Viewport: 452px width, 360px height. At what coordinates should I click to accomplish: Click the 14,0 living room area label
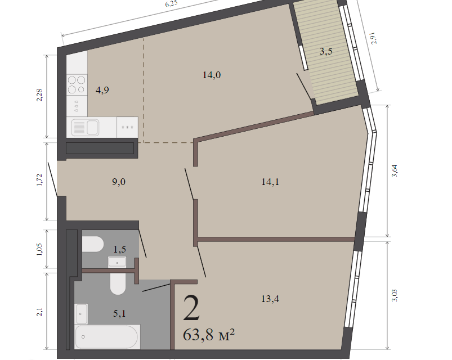coord(212,75)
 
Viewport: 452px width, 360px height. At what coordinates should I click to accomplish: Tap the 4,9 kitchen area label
coord(102,90)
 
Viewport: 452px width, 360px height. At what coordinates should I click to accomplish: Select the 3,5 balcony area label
coord(326,51)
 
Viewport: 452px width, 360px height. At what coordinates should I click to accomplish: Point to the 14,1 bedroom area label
coord(270,182)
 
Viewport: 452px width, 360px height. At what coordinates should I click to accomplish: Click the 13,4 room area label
coord(270,299)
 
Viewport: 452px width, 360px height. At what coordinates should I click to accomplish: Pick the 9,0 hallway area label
coord(119,182)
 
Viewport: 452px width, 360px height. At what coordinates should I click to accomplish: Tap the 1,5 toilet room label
coord(120,249)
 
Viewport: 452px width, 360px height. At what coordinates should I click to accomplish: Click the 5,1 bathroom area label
coord(119,313)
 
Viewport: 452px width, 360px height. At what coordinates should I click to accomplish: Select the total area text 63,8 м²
coord(209,334)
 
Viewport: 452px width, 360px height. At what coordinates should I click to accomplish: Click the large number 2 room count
coord(191,308)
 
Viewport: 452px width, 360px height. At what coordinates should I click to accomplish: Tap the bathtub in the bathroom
coord(106,337)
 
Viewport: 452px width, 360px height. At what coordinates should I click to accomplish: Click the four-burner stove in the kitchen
coord(77,85)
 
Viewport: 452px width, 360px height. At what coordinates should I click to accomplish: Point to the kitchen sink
coord(86,127)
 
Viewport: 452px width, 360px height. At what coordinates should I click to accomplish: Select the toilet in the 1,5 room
coord(92,244)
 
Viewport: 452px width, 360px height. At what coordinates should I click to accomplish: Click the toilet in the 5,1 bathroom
coord(118,283)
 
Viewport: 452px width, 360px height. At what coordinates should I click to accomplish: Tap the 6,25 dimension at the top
coord(171,4)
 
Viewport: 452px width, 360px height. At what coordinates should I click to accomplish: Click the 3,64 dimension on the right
coord(395,171)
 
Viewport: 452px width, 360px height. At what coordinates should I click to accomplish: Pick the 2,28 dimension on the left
coord(39,95)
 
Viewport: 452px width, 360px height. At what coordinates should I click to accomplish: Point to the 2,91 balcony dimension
coord(374,38)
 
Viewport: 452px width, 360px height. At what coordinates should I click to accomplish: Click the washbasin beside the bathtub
coord(81,314)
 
